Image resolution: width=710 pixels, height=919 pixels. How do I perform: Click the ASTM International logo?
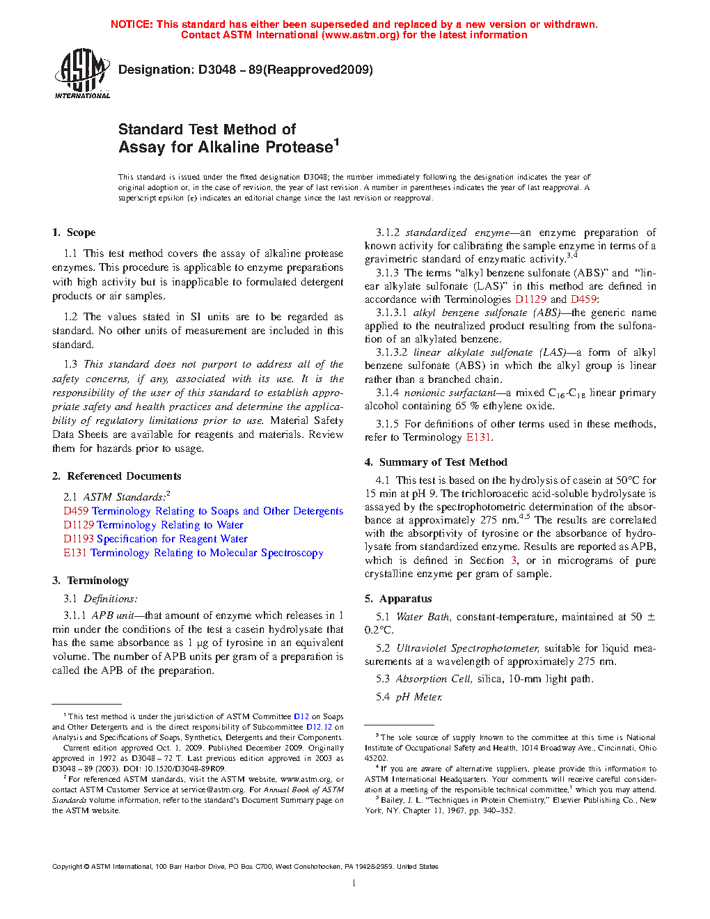coord(82,73)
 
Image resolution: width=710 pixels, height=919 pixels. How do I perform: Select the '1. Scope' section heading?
coord(74,233)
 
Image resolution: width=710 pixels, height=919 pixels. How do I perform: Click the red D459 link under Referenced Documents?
coord(75,511)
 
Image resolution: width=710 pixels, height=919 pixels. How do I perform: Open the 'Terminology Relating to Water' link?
coord(170,525)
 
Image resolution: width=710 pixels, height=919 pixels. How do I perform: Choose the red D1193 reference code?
coord(79,539)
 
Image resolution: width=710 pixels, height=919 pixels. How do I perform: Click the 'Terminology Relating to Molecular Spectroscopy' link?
coord(207,553)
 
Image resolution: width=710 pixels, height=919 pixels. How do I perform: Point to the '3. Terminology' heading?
coord(90,581)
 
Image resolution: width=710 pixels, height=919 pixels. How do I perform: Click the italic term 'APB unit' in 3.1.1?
coord(113,615)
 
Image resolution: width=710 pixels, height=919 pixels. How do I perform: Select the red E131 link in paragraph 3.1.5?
coord(478,437)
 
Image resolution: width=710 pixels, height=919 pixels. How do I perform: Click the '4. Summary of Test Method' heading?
coord(436,462)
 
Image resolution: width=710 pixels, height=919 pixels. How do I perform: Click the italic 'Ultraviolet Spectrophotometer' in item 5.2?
coord(467,648)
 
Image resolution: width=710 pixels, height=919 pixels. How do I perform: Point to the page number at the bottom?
coord(354,883)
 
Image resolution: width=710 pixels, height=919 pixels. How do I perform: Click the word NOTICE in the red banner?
coord(132,24)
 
